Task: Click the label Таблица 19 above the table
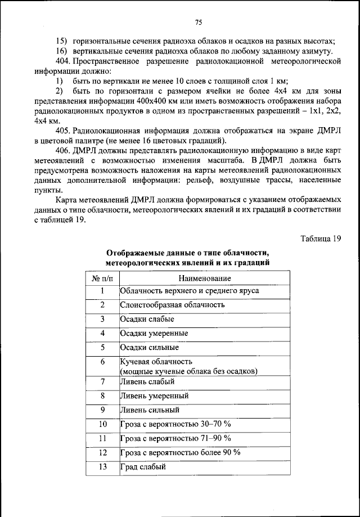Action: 321,238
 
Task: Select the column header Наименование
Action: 205,278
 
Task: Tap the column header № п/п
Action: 102,278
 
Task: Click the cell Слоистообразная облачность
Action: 172,305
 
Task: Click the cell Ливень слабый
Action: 147,381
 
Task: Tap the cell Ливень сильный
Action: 150,410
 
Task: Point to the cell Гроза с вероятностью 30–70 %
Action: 175,424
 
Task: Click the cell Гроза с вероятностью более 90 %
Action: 180,452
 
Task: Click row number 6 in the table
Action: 102,362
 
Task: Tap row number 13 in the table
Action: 102,466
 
